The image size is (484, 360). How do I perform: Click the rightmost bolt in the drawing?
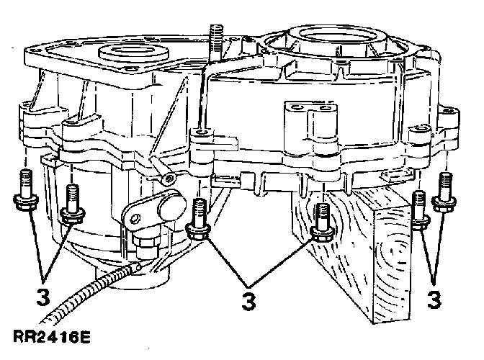[444, 193]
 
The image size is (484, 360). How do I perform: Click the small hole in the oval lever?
[133, 212]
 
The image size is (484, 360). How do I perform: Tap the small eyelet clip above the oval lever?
[168, 176]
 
